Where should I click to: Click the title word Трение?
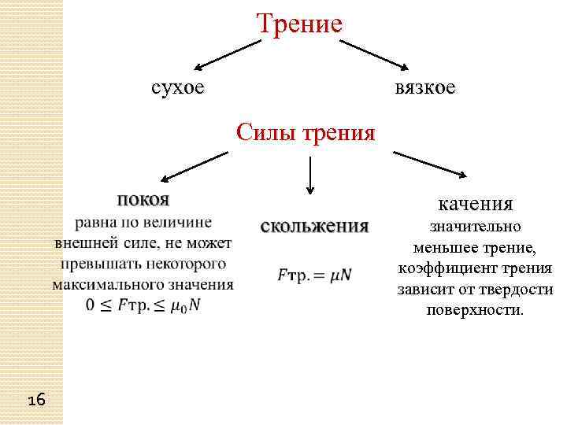point(299,23)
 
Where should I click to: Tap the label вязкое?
point(425,87)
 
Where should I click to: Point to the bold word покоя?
point(144,198)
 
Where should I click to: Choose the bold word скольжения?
point(314,226)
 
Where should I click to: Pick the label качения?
point(476,204)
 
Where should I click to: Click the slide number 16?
point(36,401)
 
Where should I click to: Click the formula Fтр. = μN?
point(314,275)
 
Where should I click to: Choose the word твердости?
point(513,289)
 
